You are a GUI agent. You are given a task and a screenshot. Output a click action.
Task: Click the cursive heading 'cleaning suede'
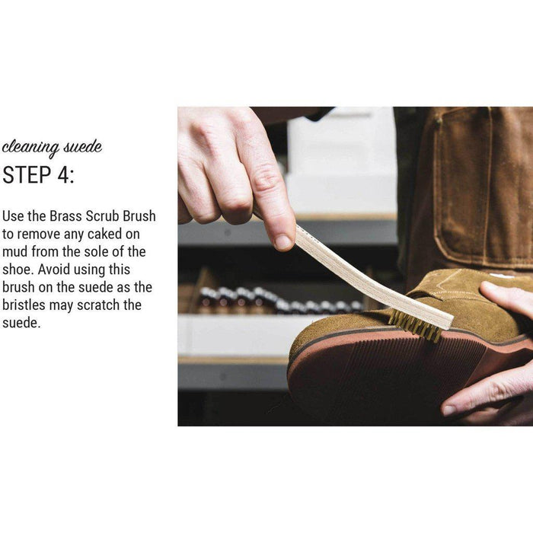52,148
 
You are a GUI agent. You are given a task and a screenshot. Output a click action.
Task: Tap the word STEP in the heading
27,175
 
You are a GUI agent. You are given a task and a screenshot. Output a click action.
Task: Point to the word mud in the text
15,252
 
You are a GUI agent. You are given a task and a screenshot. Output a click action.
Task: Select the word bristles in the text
24,305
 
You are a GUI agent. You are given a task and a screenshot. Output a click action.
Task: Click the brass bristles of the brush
416,325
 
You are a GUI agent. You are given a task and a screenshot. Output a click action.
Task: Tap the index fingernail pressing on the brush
283,242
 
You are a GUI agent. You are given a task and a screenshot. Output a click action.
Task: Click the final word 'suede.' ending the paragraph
21,323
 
